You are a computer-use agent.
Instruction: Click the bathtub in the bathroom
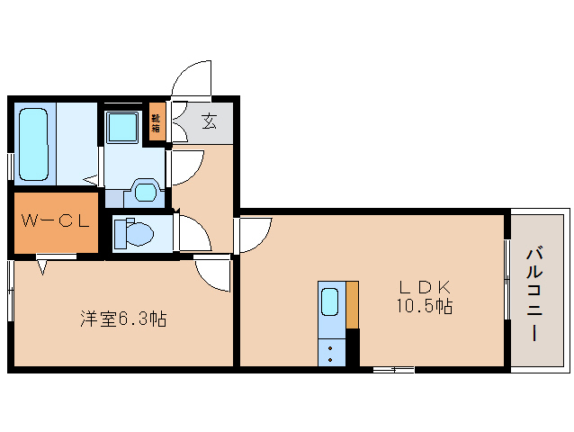coord(33,144)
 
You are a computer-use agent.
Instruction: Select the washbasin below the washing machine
coord(144,190)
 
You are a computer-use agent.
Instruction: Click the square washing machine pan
coord(121,127)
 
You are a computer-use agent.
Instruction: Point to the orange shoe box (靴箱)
coord(157,122)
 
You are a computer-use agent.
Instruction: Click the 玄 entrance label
coord(209,121)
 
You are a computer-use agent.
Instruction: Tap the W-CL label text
coord(56,220)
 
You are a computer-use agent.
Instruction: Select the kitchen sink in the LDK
coord(330,301)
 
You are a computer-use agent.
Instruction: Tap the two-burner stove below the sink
coord(330,350)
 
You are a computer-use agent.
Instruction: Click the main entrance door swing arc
coord(192,79)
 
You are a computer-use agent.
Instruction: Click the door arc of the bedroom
coord(214,274)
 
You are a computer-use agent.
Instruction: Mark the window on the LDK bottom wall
coord(392,368)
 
